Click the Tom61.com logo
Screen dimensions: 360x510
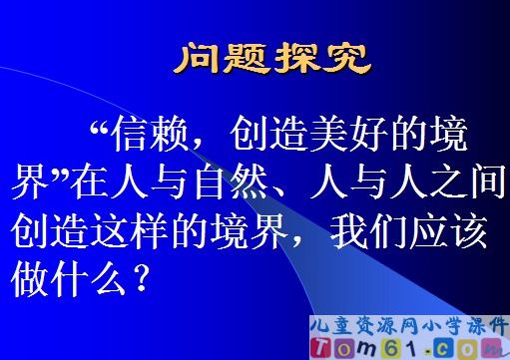tap(419, 346)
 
